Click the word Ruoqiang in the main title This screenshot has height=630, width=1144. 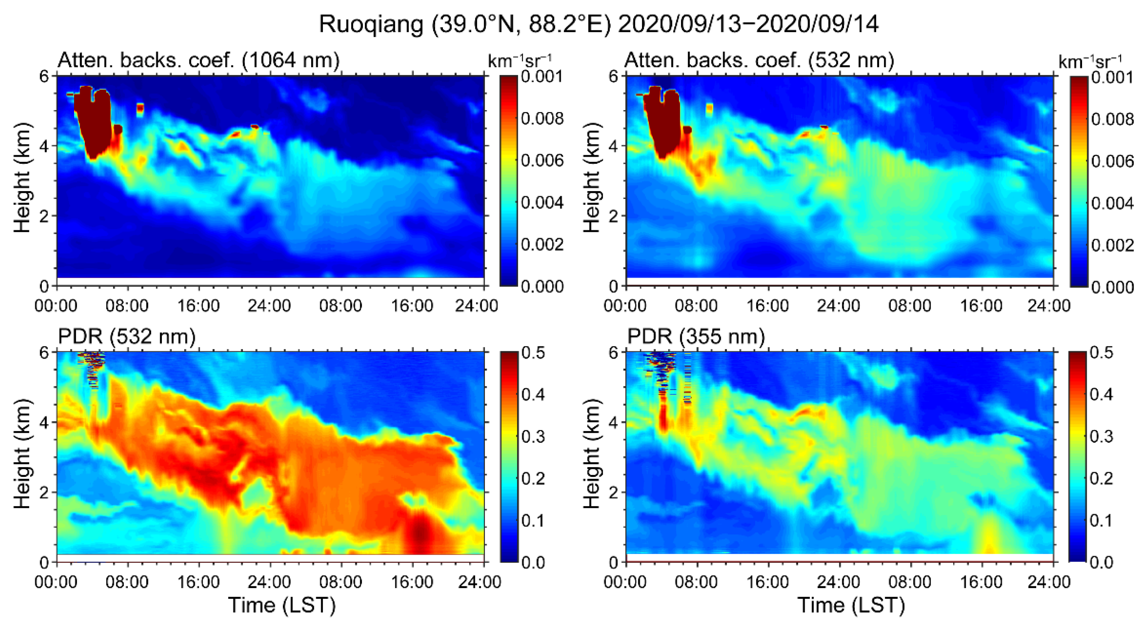(x=371, y=24)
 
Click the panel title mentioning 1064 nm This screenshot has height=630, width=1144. (x=198, y=60)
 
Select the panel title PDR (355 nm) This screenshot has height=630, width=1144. (x=696, y=337)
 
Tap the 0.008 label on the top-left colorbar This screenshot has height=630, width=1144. (x=542, y=118)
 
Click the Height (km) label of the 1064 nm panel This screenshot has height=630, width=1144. (x=22, y=177)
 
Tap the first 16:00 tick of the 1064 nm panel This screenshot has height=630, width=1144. (x=198, y=306)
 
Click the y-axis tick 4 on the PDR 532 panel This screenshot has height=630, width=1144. (x=44, y=422)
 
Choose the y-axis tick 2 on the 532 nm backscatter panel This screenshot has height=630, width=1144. (x=614, y=216)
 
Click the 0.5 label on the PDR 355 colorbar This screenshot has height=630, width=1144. (x=1102, y=353)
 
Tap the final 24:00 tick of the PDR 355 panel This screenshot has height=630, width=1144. (x=1049, y=582)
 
